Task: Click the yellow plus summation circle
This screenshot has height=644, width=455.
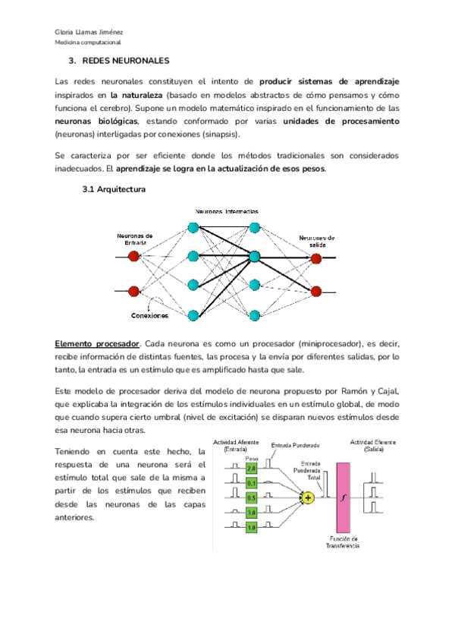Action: click(307, 498)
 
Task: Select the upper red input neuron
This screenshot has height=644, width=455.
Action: click(134, 257)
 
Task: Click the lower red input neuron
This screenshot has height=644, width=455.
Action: click(134, 291)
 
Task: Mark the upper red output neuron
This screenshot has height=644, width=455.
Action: click(316, 259)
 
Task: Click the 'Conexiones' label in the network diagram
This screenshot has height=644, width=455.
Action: click(150, 315)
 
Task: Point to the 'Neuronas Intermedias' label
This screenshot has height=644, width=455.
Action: click(227, 210)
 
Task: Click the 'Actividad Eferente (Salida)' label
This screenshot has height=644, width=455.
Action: click(375, 446)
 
